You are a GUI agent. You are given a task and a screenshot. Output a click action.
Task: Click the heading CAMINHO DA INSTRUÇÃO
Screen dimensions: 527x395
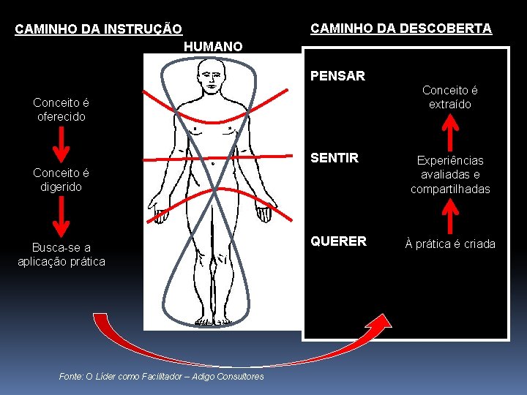click(x=99, y=30)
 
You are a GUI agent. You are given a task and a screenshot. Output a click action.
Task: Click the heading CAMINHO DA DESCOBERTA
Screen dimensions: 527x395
click(x=401, y=29)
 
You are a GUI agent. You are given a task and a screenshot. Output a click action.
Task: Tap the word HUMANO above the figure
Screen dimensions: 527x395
click(x=213, y=47)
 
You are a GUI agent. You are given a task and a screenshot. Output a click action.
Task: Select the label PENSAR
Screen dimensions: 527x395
click(x=337, y=75)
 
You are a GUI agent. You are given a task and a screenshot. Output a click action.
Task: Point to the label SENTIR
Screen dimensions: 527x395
click(x=334, y=158)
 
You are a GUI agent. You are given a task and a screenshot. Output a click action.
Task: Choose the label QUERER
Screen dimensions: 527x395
click(x=338, y=241)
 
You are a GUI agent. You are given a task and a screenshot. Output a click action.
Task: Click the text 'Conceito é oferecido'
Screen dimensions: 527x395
click(x=61, y=110)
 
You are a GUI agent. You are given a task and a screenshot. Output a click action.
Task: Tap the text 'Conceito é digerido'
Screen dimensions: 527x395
click(x=61, y=180)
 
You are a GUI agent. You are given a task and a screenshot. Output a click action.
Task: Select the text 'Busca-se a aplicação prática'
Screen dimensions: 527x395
click(x=61, y=255)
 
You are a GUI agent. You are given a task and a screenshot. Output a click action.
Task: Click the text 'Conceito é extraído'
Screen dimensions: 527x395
click(x=450, y=97)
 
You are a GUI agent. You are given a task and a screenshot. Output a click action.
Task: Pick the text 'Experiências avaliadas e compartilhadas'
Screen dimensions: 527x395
click(x=450, y=175)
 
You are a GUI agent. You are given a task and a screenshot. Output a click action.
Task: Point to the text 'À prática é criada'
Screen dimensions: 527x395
click(x=450, y=244)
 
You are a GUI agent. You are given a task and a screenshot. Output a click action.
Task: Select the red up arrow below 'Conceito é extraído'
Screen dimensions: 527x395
click(x=452, y=132)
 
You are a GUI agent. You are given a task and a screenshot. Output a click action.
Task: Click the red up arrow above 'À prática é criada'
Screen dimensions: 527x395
click(x=452, y=214)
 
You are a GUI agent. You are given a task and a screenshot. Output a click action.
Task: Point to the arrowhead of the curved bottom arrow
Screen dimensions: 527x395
click(x=381, y=323)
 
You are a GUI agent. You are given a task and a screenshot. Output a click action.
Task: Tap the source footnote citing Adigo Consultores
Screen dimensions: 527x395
click(x=161, y=376)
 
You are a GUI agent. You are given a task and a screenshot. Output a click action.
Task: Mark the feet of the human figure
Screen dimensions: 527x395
click(x=214, y=320)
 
